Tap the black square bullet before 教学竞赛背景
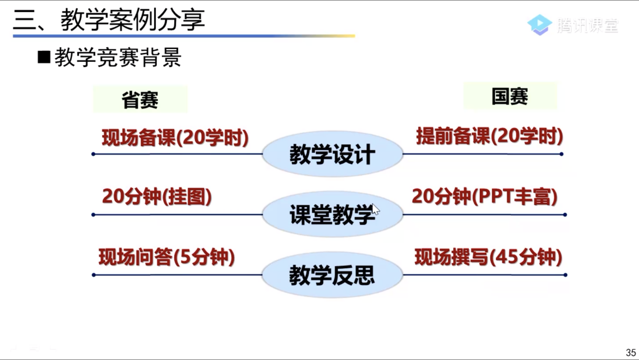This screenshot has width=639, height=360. pyautogui.click(x=44, y=57)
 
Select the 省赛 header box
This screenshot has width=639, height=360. pyautogui.click(x=140, y=99)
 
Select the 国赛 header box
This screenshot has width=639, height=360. pyautogui.click(x=510, y=96)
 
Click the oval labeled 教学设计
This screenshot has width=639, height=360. pyautogui.click(x=333, y=154)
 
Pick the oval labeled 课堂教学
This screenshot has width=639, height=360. pyautogui.click(x=333, y=215)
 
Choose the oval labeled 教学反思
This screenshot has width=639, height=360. pyautogui.click(x=332, y=275)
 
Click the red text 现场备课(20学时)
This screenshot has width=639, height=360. pyautogui.click(x=175, y=137)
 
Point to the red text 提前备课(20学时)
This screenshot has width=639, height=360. pyautogui.click(x=490, y=136)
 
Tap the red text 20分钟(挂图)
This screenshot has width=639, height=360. pyautogui.click(x=157, y=196)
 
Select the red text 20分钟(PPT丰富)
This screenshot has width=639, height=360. pyautogui.click(x=484, y=196)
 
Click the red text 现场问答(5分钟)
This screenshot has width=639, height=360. pyautogui.click(x=167, y=257)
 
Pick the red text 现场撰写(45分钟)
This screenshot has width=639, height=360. pyautogui.click(x=488, y=257)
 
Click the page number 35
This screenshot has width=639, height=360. pyautogui.click(x=631, y=352)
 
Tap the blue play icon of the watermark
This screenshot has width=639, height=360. pyautogui.click(x=540, y=25)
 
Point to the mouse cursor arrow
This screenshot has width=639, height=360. pyautogui.click(x=375, y=209)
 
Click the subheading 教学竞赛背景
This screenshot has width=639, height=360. pyautogui.click(x=118, y=57)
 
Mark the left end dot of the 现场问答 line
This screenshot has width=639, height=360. pyautogui.click(x=94, y=275)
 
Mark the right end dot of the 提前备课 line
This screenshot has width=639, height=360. pyautogui.click(x=562, y=154)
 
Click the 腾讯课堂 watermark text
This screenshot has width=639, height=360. pyautogui.click(x=588, y=25)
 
